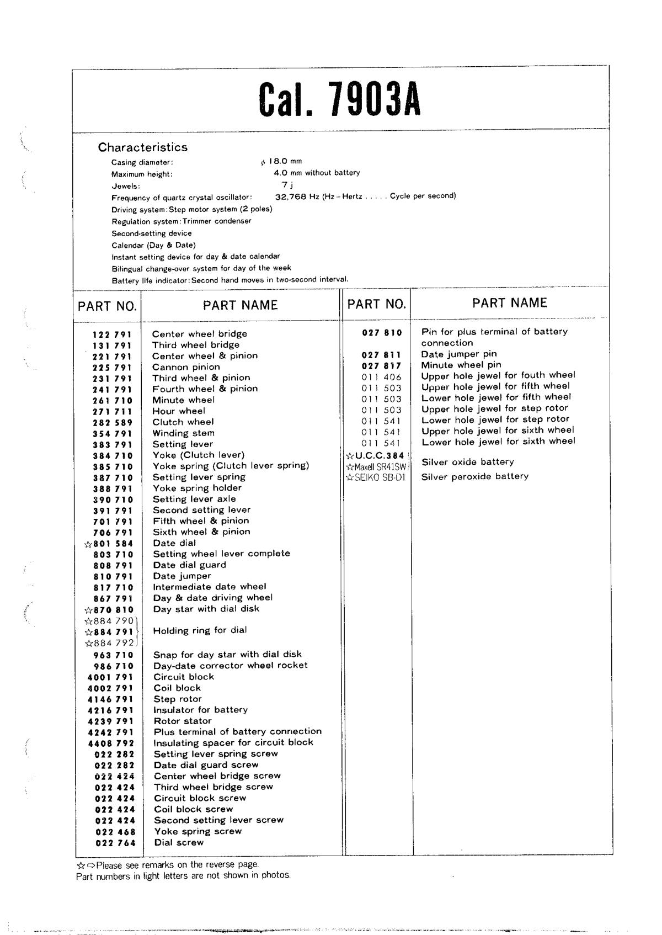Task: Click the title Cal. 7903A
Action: [x=339, y=99]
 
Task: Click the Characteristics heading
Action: [x=143, y=147]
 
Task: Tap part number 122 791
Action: [x=112, y=334]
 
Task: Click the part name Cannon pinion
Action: [x=186, y=367]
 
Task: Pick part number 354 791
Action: [x=113, y=434]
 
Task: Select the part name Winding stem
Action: [x=183, y=433]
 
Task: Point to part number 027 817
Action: [x=382, y=365]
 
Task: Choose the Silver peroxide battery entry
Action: [x=474, y=476]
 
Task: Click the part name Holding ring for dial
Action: [x=200, y=630]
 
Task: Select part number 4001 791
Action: [x=110, y=677]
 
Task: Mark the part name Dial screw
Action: [x=179, y=843]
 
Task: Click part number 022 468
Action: [x=115, y=832]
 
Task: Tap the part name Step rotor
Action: [x=178, y=699]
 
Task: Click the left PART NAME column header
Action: [x=240, y=305]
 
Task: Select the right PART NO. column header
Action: [x=377, y=304]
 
